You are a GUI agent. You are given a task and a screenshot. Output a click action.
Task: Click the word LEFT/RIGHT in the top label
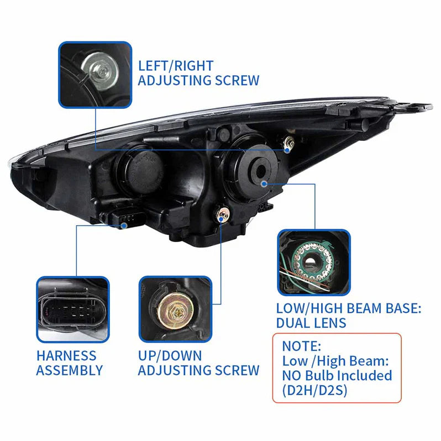click(175, 66)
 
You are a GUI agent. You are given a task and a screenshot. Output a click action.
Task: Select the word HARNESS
click(66, 356)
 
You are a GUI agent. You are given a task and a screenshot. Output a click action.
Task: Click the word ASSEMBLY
click(70, 370)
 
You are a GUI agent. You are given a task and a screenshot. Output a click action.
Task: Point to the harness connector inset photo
click(72, 309)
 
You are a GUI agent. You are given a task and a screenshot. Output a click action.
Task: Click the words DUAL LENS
click(311, 322)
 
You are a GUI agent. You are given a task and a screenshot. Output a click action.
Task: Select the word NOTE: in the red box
click(302, 347)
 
